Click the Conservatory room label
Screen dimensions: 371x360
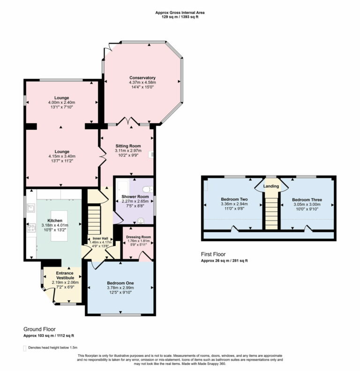click(x=142, y=78)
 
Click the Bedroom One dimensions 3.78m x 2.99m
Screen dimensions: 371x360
click(x=120, y=289)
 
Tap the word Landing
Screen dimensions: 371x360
click(x=271, y=186)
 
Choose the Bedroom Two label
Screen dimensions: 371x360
click(x=234, y=200)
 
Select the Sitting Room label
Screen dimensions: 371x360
click(x=128, y=146)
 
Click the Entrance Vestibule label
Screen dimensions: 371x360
click(x=65, y=275)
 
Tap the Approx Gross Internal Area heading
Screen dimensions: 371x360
click(x=180, y=13)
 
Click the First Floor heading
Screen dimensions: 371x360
click(x=214, y=254)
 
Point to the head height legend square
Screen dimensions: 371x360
click(x=25, y=348)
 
